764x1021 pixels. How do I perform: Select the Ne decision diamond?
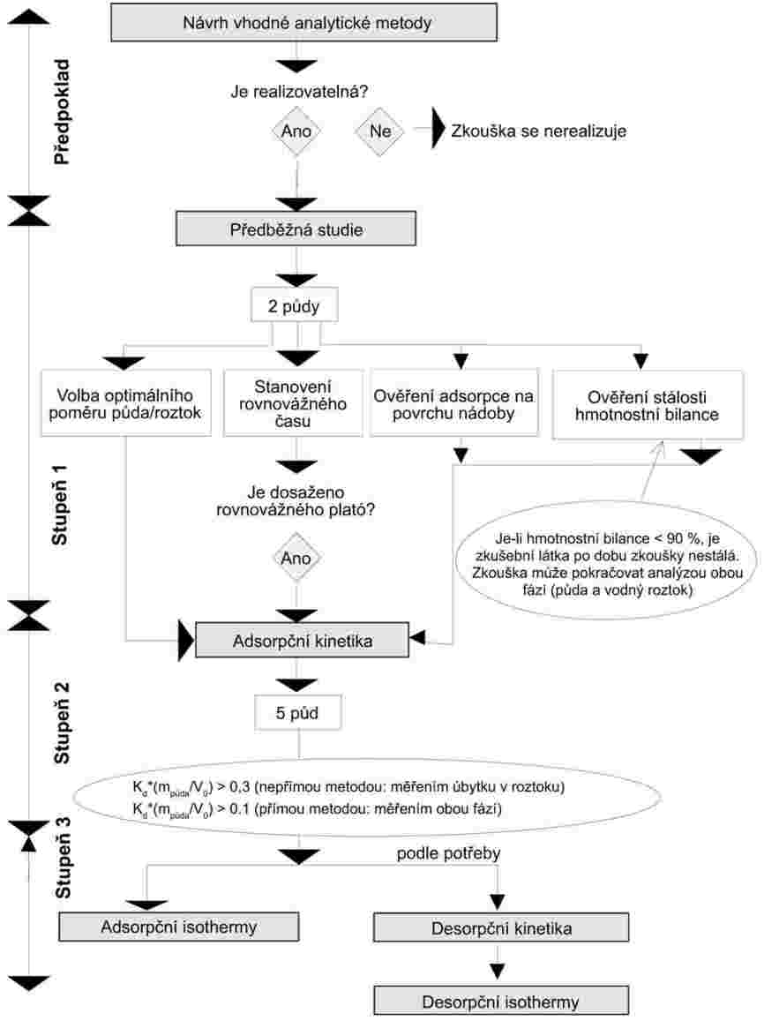pyautogui.click(x=379, y=131)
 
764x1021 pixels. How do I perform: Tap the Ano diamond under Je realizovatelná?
pyautogui.click(x=296, y=131)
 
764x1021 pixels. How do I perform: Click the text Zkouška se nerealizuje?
pyautogui.click(x=538, y=131)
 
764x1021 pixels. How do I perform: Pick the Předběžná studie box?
pyautogui.click(x=295, y=230)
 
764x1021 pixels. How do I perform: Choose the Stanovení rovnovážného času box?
pyautogui.click(x=296, y=402)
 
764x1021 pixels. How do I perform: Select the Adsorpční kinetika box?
pyautogui.click(x=301, y=640)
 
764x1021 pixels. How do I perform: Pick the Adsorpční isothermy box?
pyautogui.click(x=163, y=927)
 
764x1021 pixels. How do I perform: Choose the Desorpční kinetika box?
pyautogui.click(x=501, y=928)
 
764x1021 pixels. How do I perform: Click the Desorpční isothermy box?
pyautogui.click(x=501, y=1001)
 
